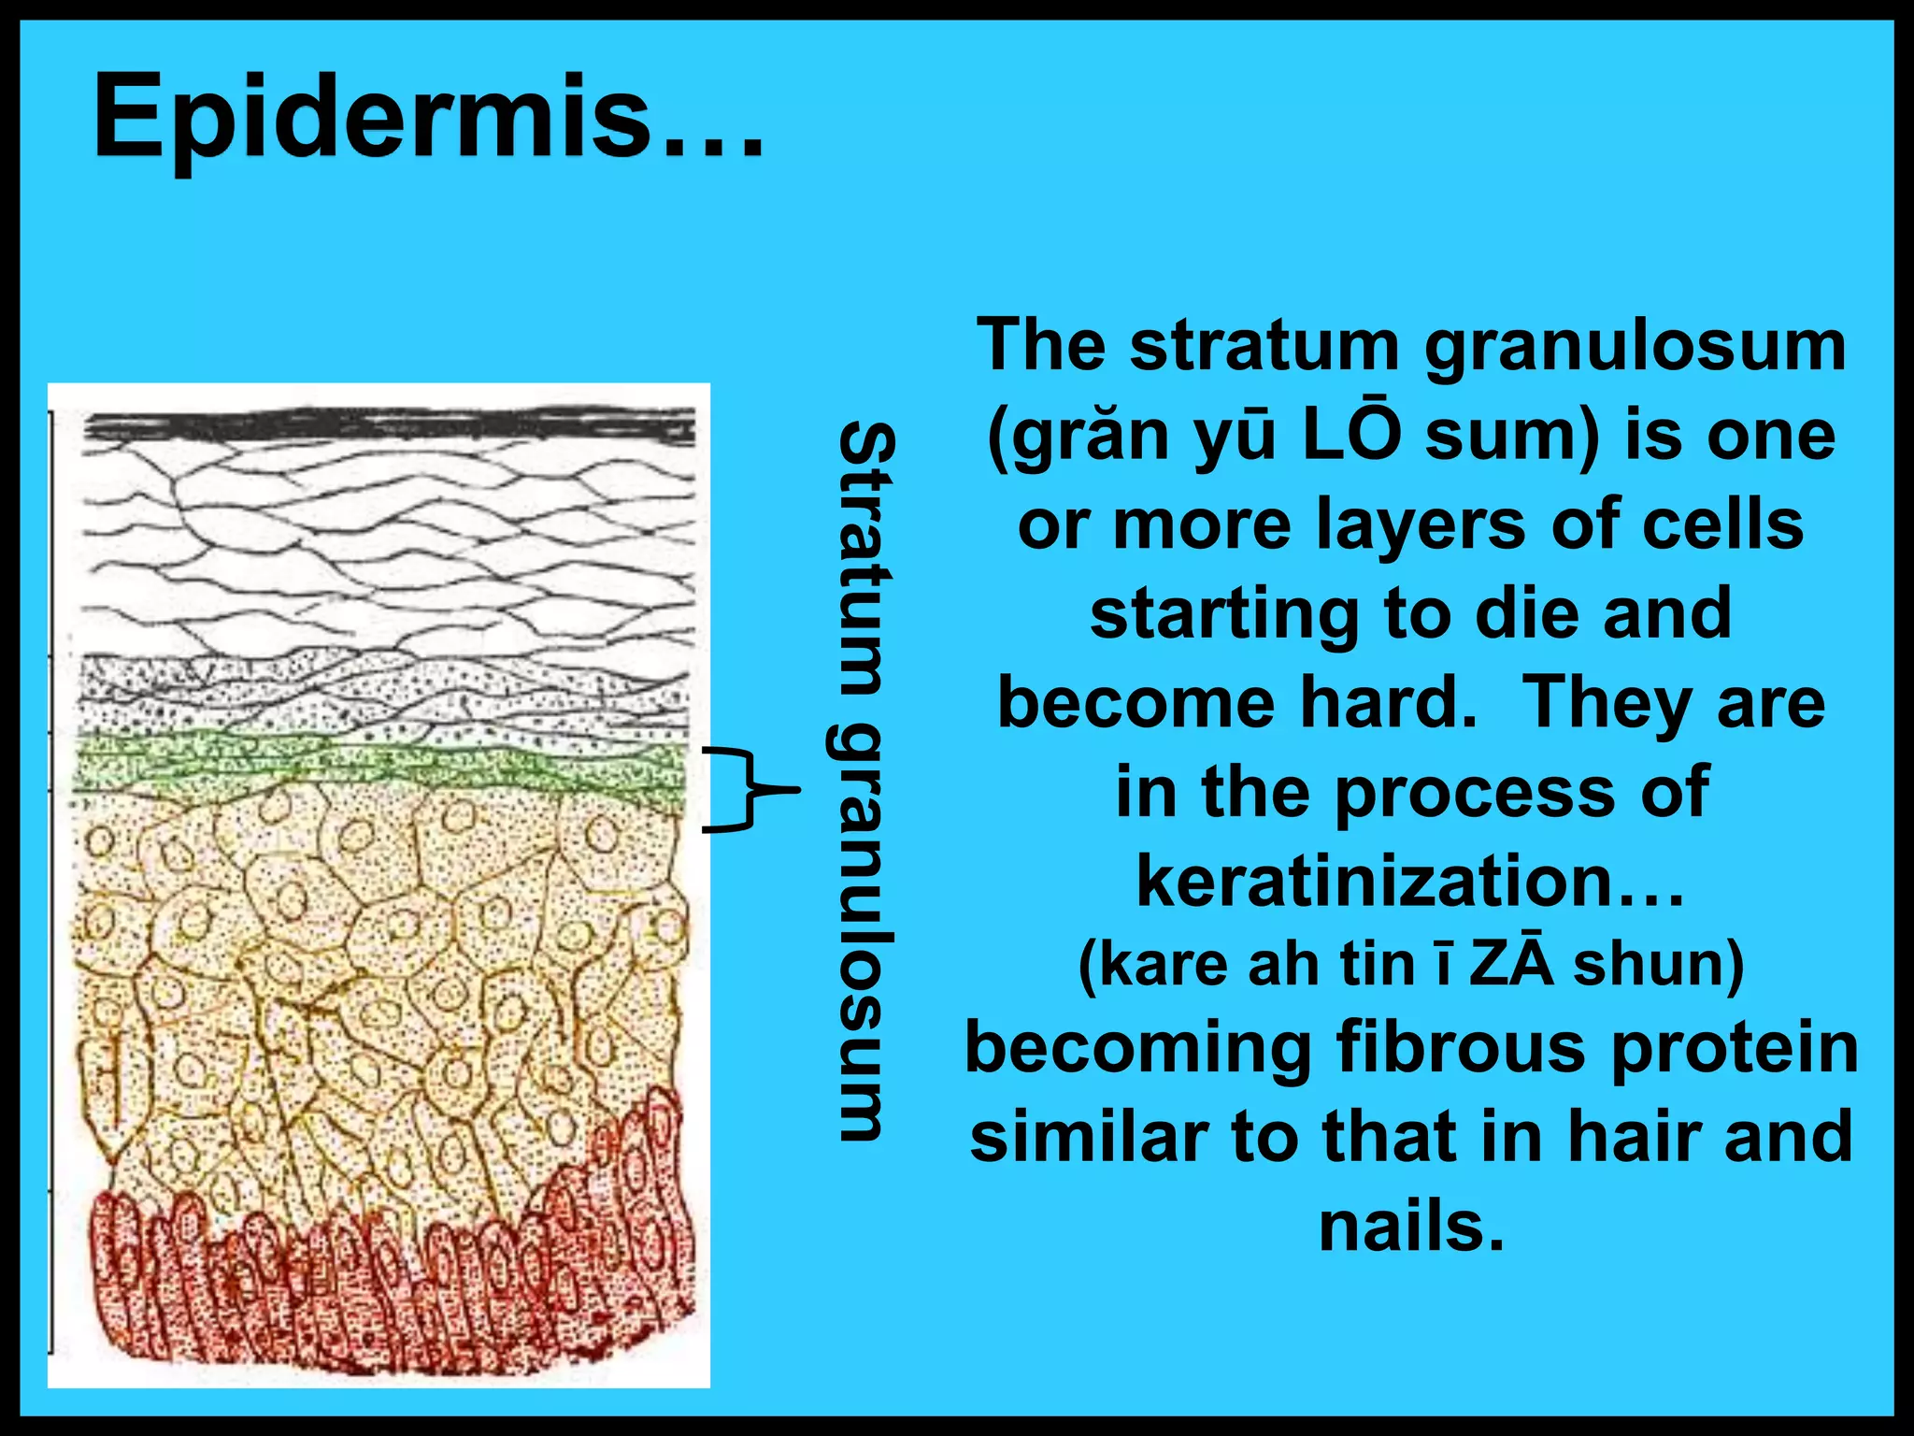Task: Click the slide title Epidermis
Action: (x=428, y=119)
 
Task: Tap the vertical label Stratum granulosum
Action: (x=865, y=781)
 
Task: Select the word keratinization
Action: (x=1374, y=881)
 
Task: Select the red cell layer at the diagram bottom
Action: (x=393, y=1281)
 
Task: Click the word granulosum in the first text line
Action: (x=1635, y=345)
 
